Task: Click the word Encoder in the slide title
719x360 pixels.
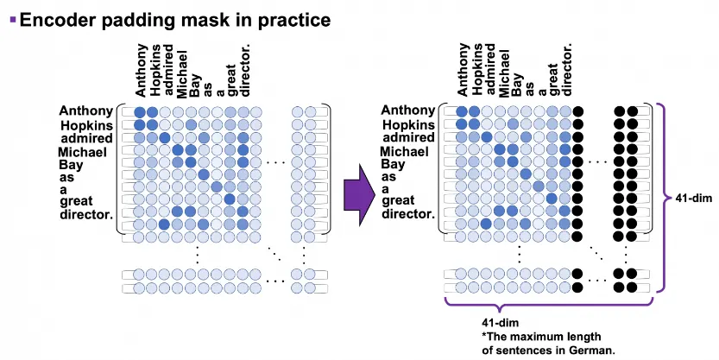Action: (x=57, y=17)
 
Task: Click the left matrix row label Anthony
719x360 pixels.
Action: (x=85, y=111)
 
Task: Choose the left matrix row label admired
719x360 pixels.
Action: (x=86, y=138)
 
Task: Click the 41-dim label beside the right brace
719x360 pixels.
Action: (x=689, y=199)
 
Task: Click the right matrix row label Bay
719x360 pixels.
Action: (x=393, y=164)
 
